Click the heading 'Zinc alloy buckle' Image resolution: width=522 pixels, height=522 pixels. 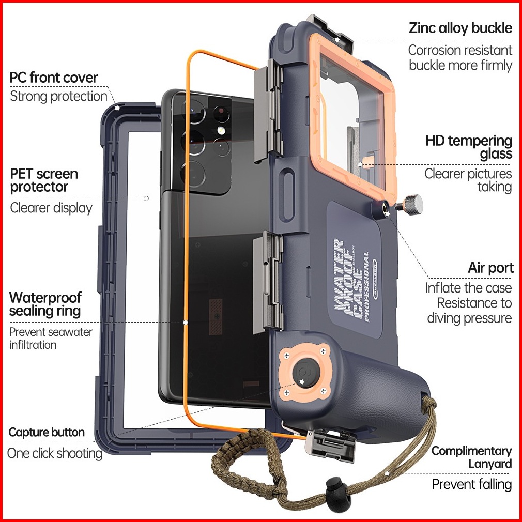(460, 28)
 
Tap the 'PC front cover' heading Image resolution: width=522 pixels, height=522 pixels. (54, 78)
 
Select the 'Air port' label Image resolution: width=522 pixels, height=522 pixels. (490, 268)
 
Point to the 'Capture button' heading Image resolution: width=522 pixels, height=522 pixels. (47, 432)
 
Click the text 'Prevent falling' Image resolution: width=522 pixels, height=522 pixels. (472, 484)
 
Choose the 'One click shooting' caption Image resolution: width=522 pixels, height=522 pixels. (55, 453)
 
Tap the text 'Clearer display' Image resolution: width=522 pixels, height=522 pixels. (51, 208)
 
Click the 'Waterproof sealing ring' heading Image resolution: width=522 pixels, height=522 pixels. (45, 304)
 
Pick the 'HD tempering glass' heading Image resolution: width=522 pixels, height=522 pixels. (469, 147)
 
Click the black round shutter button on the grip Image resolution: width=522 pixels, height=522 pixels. (306, 373)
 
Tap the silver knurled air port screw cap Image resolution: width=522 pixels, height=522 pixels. (412, 204)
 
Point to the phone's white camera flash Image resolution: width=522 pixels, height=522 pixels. (220, 130)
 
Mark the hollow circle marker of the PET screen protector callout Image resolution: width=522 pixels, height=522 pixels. (146, 198)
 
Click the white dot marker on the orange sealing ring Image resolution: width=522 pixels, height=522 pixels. (186, 323)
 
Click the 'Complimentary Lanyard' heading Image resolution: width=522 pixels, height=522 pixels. (472, 457)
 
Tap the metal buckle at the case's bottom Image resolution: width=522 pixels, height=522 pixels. (330, 445)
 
